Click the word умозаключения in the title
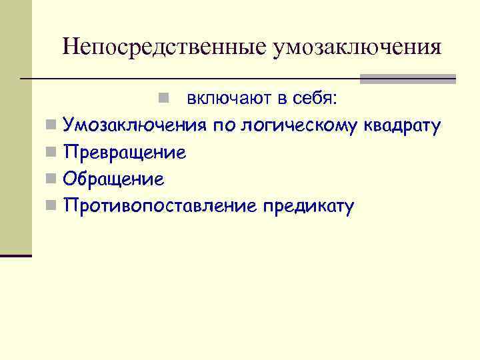pos(357,48)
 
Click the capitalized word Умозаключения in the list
pos(135,125)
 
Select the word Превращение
pos(124,153)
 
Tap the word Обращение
pos(113,179)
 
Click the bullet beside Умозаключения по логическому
pos(51,125)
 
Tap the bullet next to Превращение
pos(51,153)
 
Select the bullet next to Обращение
pos(51,179)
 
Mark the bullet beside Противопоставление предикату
pos(51,206)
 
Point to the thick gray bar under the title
pos(407,79)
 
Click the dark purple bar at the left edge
pos(16,255)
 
